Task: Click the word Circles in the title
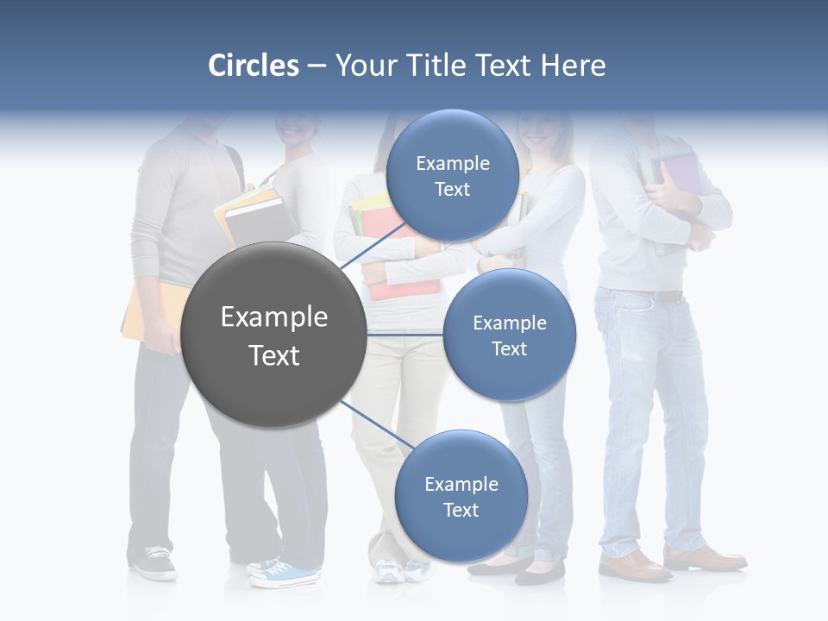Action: pyautogui.click(x=253, y=66)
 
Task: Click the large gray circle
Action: pyautogui.click(x=273, y=336)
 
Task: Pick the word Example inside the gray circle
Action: pyautogui.click(x=273, y=317)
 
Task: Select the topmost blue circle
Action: pyautogui.click(x=452, y=176)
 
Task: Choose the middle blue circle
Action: pyautogui.click(x=509, y=335)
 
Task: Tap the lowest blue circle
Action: pyautogui.click(x=461, y=496)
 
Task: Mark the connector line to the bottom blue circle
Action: pyautogui.click(x=376, y=424)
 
